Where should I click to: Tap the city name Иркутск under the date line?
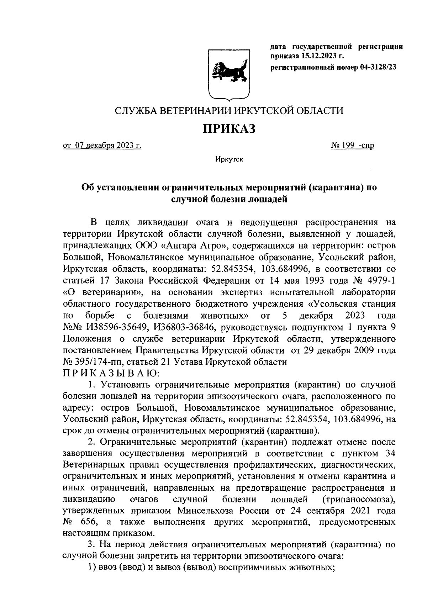coord(229,160)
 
